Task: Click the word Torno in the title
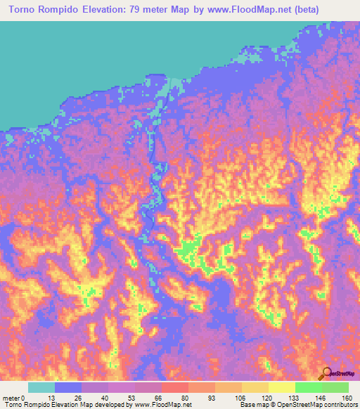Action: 22,10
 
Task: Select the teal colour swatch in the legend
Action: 41,387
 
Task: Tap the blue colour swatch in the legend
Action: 68,387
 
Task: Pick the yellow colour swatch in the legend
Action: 282,387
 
